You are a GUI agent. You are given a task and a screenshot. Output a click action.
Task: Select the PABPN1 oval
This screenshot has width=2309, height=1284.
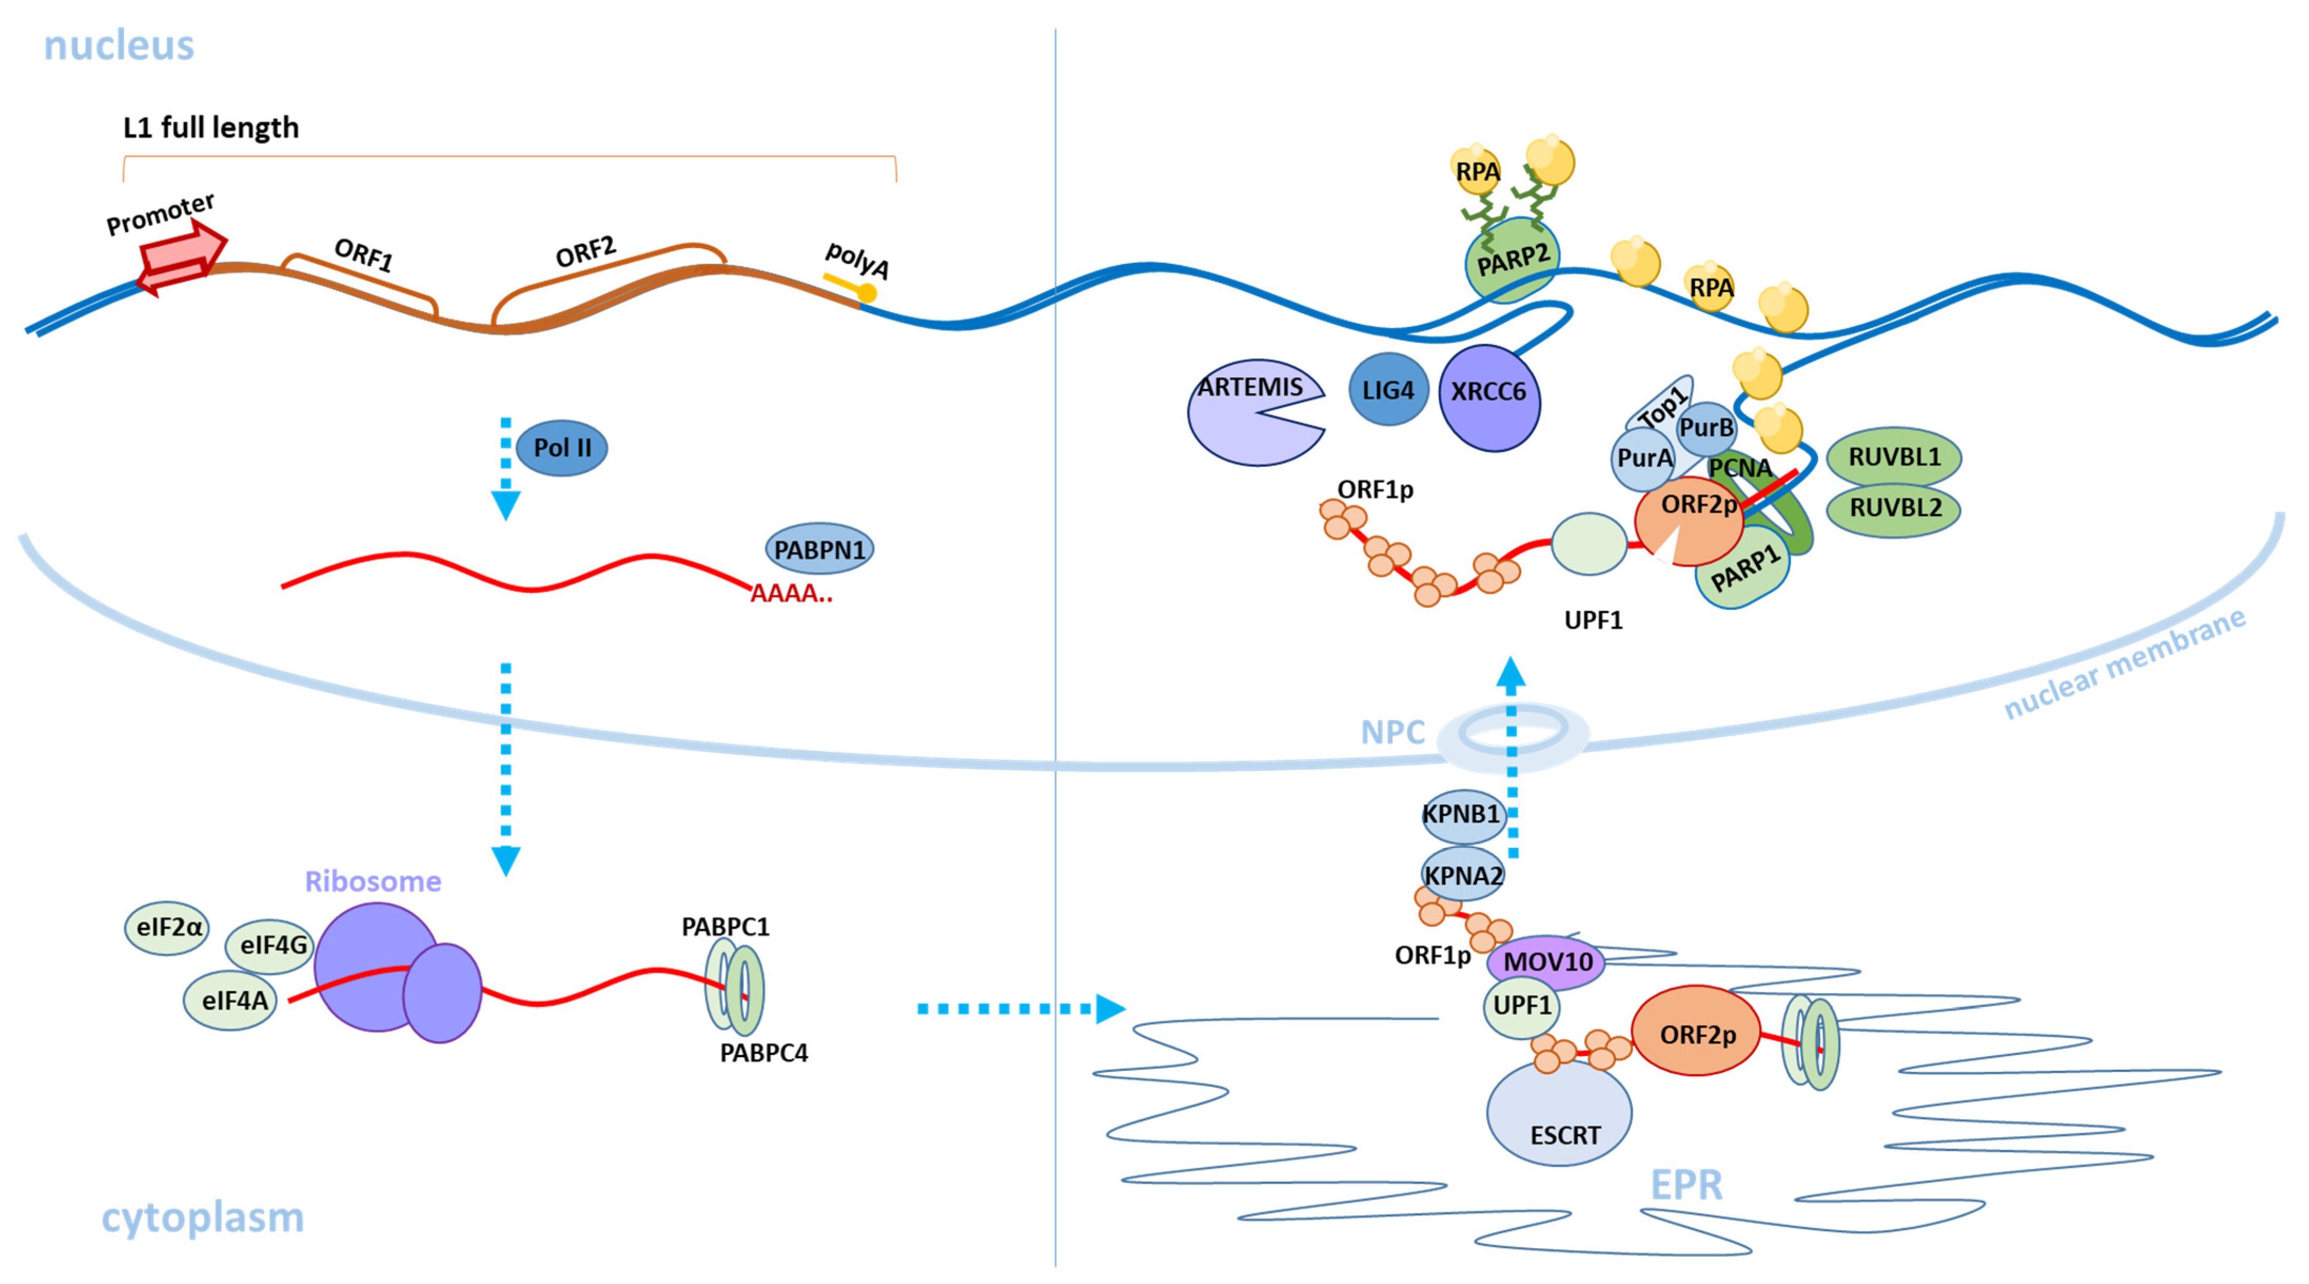(x=820, y=549)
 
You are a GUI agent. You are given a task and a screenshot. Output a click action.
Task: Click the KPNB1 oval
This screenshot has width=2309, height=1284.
(x=1462, y=814)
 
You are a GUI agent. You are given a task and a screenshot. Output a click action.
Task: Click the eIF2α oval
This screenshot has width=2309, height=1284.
(x=167, y=928)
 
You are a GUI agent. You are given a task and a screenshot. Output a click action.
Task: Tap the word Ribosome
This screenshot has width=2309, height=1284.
(x=373, y=882)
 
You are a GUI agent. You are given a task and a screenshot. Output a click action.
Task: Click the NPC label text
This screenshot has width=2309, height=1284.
(x=1392, y=733)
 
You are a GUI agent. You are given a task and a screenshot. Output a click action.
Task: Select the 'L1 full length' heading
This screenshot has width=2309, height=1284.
(x=211, y=128)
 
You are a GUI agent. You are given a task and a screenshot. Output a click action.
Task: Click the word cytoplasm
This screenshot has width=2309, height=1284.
(x=203, y=1218)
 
